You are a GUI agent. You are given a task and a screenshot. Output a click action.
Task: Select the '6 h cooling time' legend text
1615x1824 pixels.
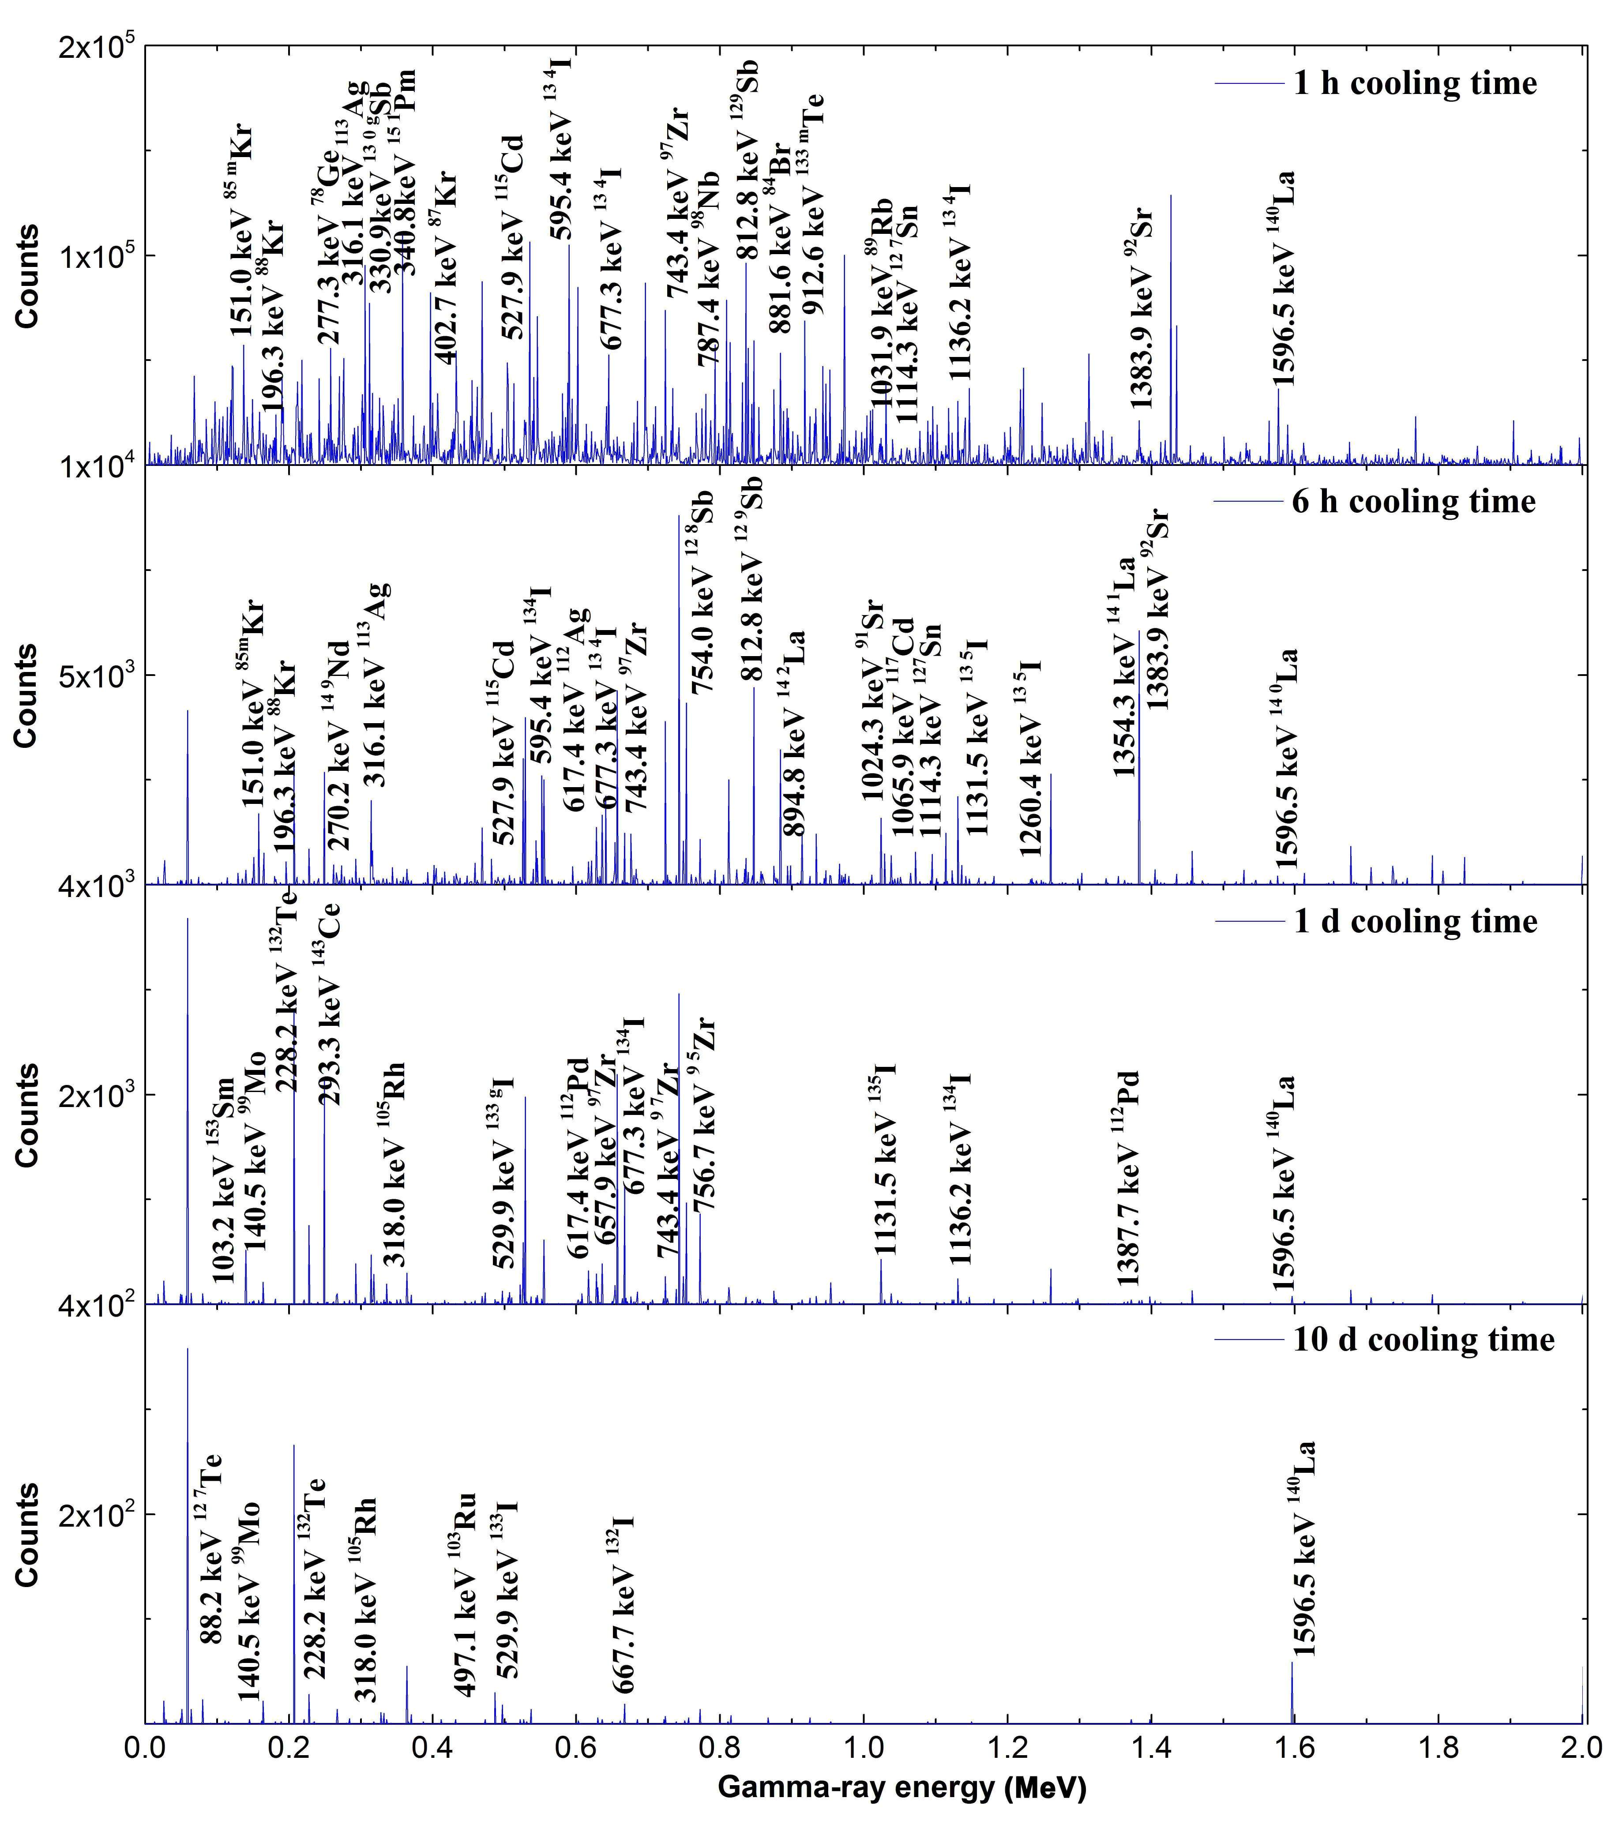pyautogui.click(x=1414, y=502)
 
